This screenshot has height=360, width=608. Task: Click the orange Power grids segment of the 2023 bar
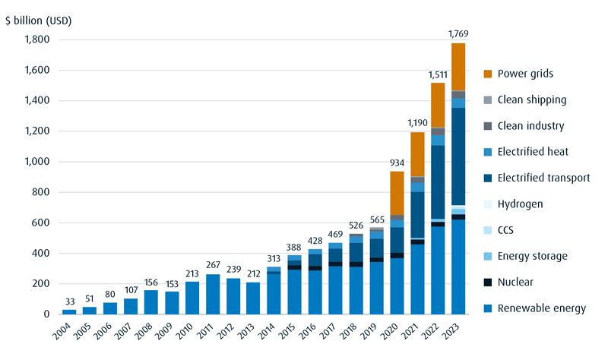tap(458, 67)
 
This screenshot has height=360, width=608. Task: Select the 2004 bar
tap(69, 311)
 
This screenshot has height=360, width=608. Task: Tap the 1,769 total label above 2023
tap(458, 33)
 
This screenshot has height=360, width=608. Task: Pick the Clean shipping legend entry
tap(531, 99)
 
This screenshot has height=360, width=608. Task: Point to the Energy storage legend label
tap(532, 256)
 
